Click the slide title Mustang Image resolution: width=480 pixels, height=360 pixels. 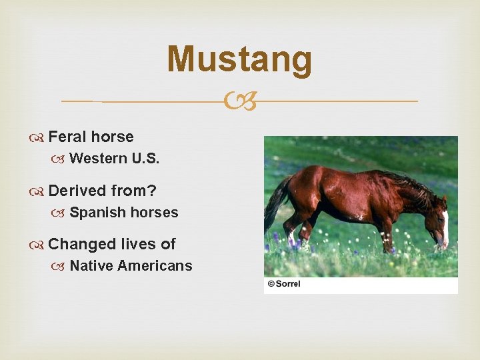(x=239, y=59)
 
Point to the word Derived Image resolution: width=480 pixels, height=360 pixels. (x=77, y=191)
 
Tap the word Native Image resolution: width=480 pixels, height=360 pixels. (x=91, y=266)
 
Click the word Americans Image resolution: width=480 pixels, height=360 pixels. (x=155, y=266)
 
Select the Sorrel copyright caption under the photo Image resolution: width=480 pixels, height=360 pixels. (x=284, y=284)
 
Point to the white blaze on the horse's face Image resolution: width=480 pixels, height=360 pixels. (x=445, y=227)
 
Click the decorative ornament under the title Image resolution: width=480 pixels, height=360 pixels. (x=239, y=102)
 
